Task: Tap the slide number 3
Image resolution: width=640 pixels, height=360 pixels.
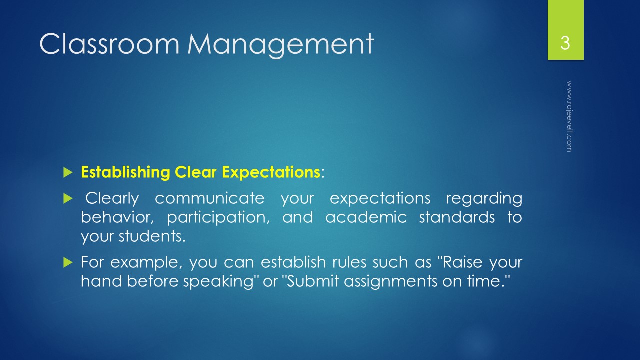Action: coord(565,43)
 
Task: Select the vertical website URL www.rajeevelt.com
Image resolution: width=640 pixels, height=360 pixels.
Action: coord(569,116)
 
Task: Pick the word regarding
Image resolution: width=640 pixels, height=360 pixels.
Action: coord(483,199)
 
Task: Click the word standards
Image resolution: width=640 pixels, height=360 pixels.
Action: coord(455,218)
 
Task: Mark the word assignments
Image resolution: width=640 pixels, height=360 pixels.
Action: coord(385,281)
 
